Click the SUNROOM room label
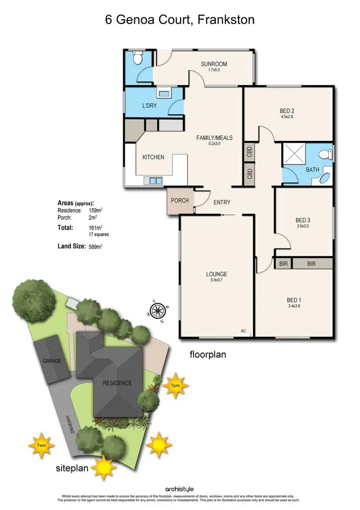coord(214,64)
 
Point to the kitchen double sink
coord(156,181)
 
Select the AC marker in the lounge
coord(243,331)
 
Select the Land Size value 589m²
coord(96,246)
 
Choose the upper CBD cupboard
coord(250,153)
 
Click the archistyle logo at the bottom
coord(180,490)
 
